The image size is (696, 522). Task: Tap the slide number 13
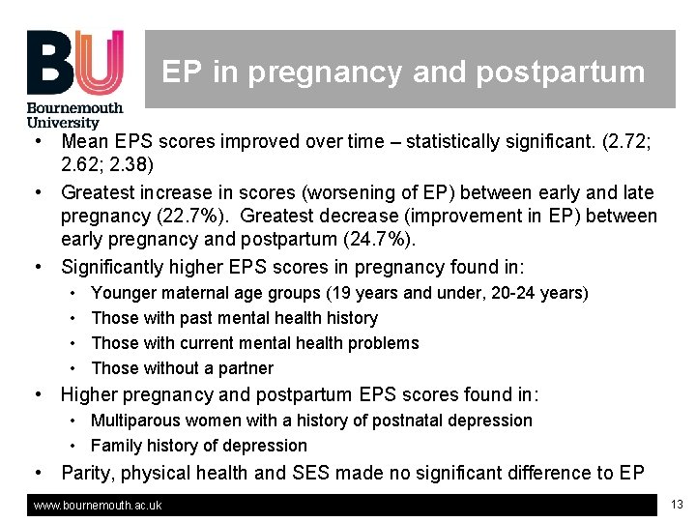pos(676,505)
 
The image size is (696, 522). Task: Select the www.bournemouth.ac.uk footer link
pos(98,506)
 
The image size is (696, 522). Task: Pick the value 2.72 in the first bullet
pos(628,141)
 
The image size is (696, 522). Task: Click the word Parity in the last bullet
pos(86,473)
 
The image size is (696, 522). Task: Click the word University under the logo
pos(63,123)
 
